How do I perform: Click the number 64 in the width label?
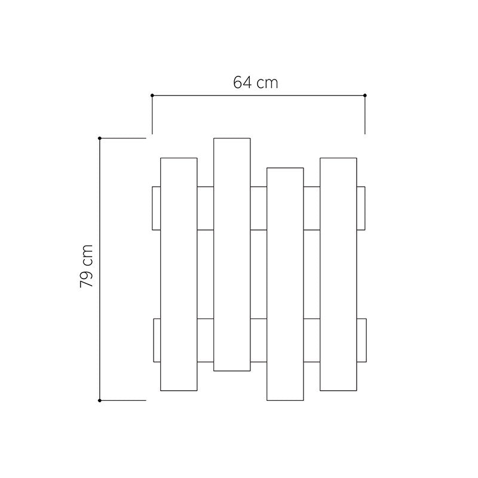coord(243,82)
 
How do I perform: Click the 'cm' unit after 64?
coord(267,84)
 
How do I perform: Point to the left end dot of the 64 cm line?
coord(152,96)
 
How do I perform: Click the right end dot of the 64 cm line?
coord(365,96)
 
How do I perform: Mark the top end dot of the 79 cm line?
coord(100,138)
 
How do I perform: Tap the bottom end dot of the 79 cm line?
coord(100,400)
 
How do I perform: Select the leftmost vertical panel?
coord(179,274)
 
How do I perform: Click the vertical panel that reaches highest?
coord(232,255)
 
